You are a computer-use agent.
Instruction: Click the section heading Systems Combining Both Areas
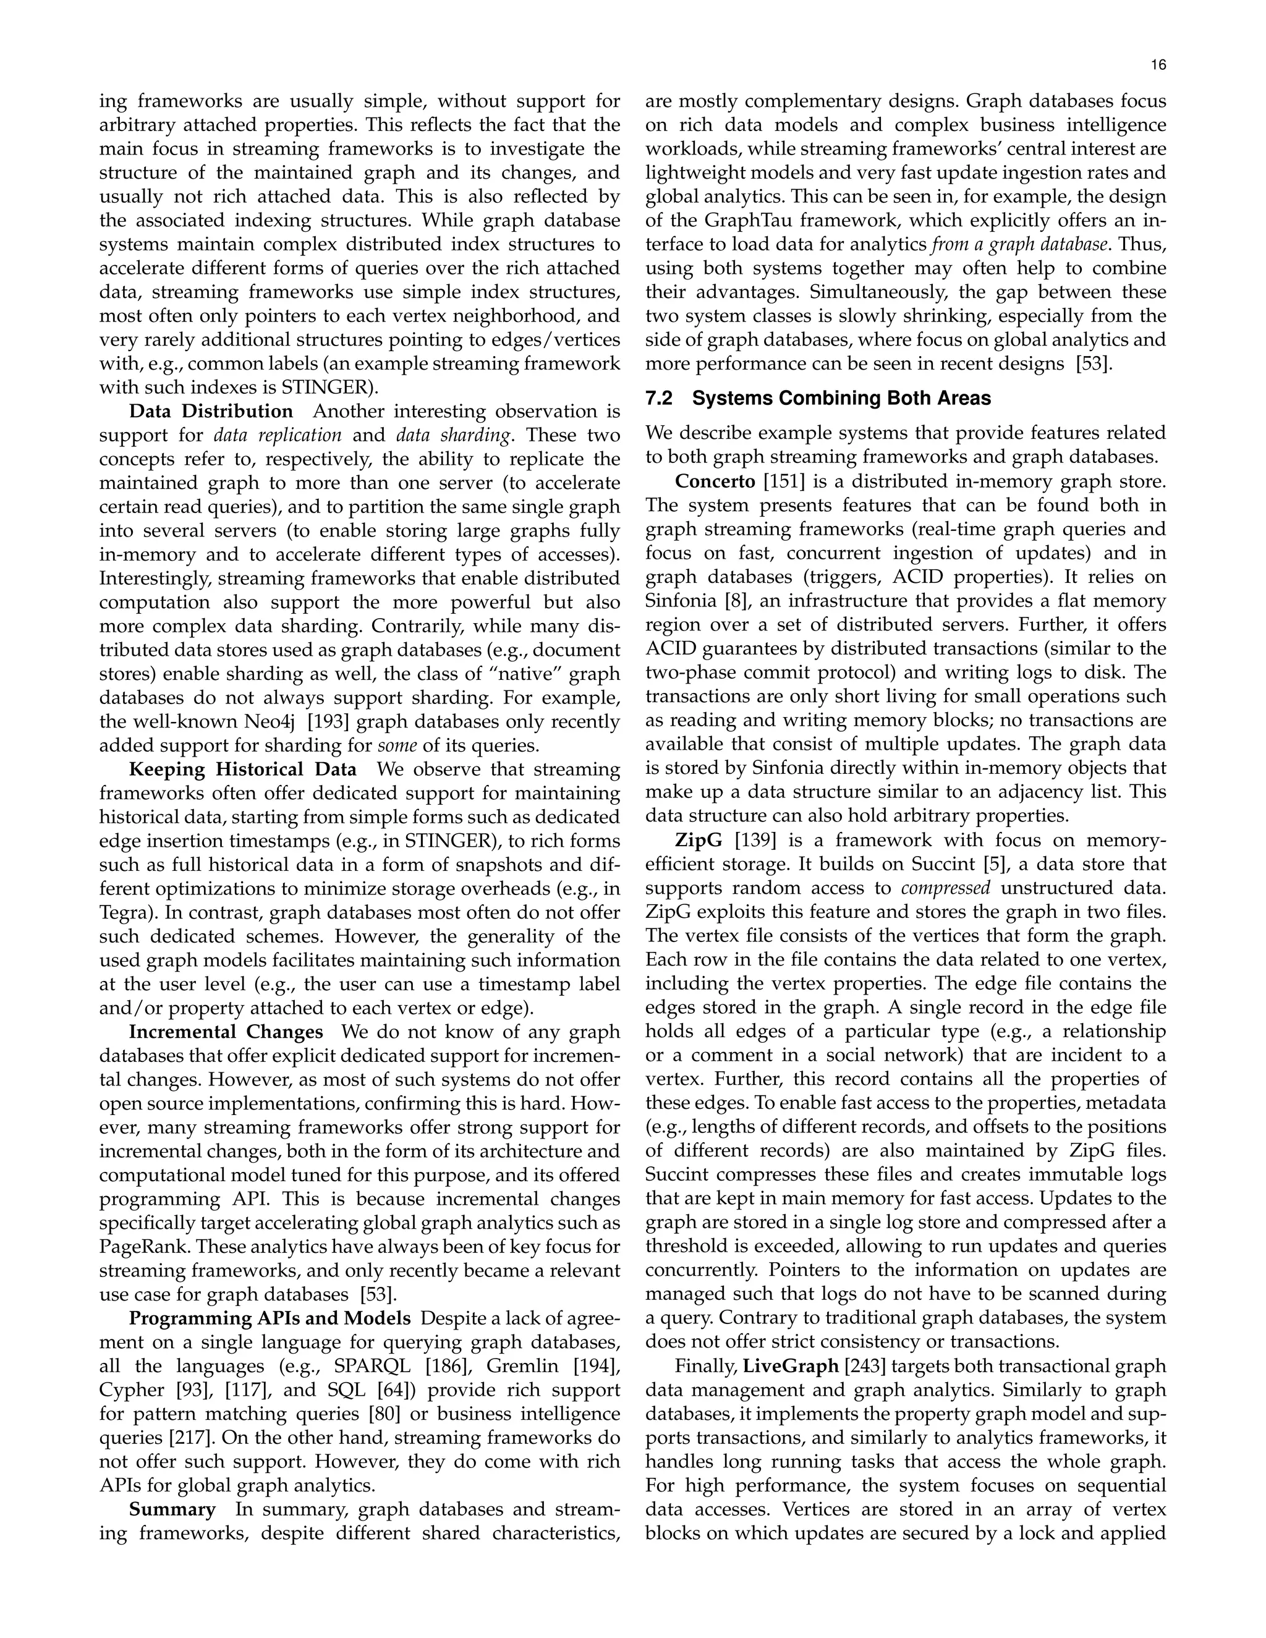coord(841,398)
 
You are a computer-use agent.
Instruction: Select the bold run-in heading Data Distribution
coord(211,412)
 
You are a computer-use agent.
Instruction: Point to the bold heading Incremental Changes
coord(226,1032)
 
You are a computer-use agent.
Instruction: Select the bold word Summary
coord(172,1509)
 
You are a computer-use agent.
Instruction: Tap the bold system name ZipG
coord(699,840)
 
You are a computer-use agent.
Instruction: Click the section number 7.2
coord(659,398)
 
